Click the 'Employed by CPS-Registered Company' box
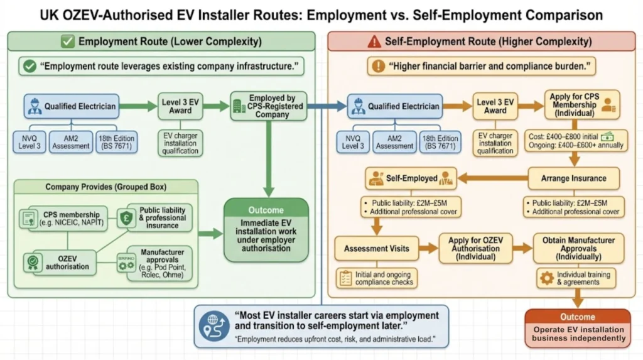(266, 106)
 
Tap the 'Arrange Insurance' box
(573, 178)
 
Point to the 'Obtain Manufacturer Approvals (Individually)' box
(575, 249)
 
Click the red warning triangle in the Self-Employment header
(375, 42)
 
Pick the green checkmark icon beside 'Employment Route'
(67, 42)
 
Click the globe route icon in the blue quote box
(213, 325)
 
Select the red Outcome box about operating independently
(577, 329)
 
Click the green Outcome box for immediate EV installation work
(266, 230)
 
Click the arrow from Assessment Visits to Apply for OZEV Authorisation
(428, 249)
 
